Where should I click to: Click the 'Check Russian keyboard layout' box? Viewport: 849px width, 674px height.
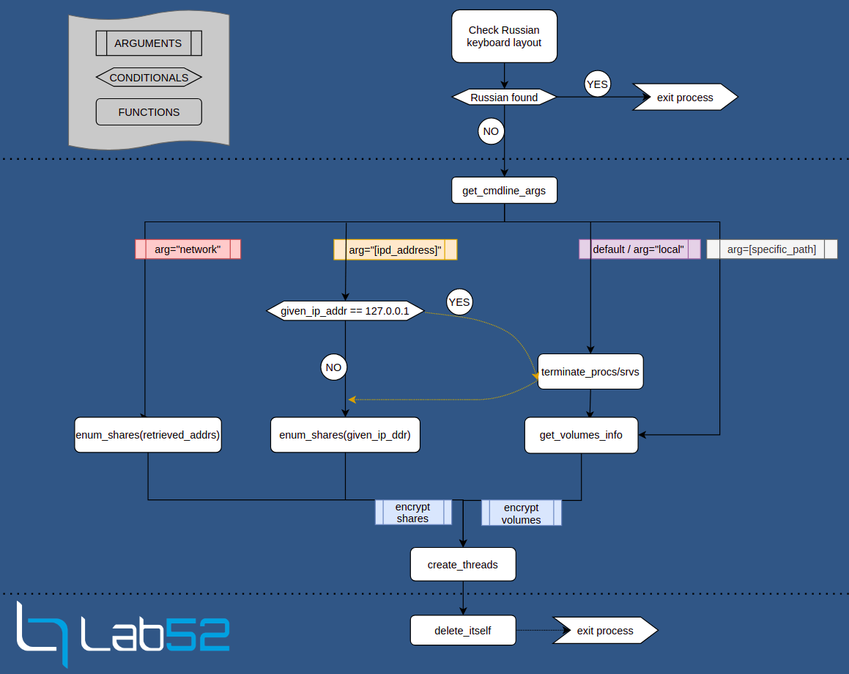click(504, 37)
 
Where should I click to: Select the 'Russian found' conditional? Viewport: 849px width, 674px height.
click(504, 98)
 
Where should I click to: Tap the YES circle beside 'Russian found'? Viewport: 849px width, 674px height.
click(597, 84)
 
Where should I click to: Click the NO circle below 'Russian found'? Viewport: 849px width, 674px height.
click(490, 132)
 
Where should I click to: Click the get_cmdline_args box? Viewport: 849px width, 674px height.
click(504, 191)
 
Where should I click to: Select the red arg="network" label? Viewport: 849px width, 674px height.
click(188, 249)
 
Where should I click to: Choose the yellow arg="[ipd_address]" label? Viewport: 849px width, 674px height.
click(395, 250)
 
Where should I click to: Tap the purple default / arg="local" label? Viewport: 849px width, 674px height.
click(639, 249)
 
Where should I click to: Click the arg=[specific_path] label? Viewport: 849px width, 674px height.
click(771, 249)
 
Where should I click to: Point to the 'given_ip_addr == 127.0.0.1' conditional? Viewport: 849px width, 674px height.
click(345, 311)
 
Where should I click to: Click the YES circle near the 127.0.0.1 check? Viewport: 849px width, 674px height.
click(459, 302)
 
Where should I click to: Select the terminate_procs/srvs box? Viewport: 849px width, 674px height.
click(590, 372)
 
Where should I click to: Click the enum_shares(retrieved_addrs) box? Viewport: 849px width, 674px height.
click(148, 435)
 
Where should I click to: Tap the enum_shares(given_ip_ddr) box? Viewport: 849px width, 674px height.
click(345, 435)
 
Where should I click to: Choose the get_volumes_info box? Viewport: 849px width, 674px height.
click(581, 435)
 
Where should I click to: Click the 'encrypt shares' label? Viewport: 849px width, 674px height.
click(413, 512)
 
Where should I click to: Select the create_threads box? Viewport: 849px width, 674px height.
click(463, 565)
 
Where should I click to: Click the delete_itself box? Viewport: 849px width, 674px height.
click(463, 631)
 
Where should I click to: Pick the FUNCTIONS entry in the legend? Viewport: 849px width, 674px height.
click(149, 112)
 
